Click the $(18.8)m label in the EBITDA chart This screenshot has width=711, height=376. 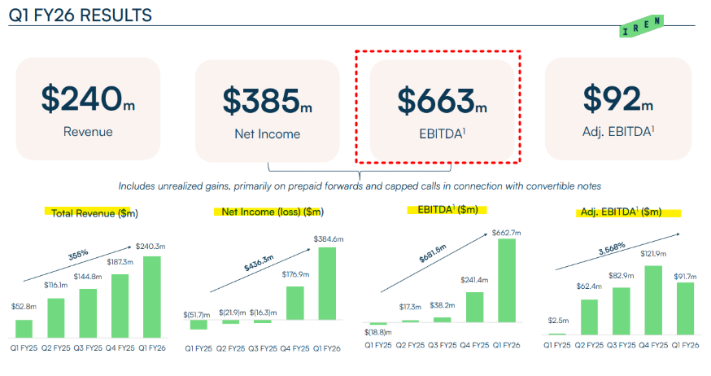(x=377, y=332)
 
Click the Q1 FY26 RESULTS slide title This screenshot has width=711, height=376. (x=81, y=15)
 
